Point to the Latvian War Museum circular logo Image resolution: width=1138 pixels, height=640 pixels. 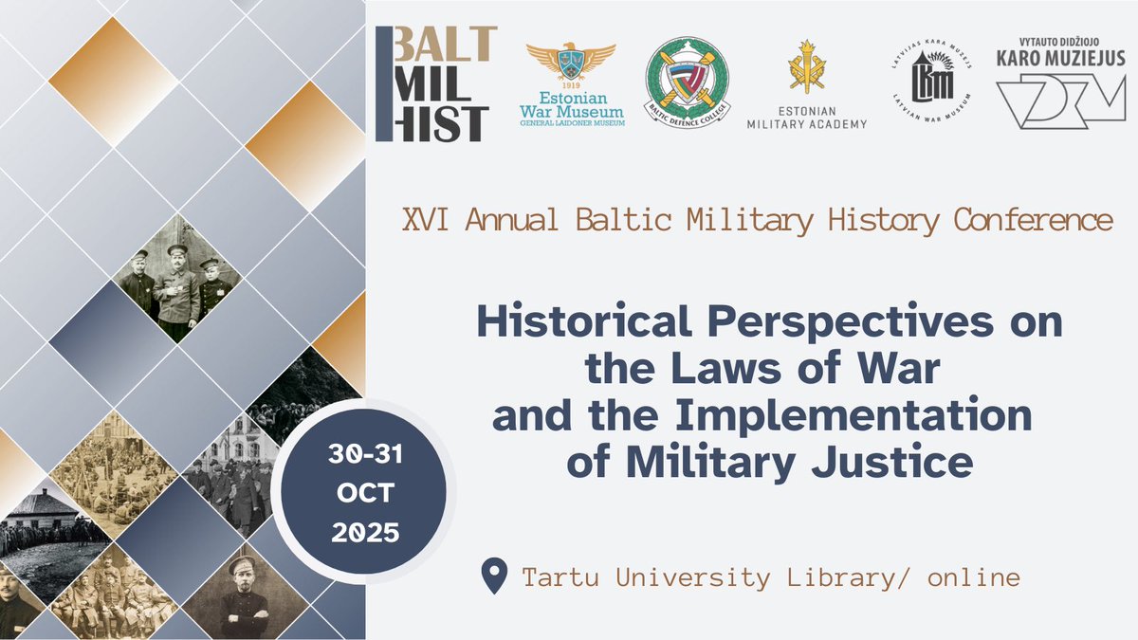click(x=930, y=81)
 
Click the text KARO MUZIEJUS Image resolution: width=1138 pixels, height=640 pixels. click(x=1062, y=58)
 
